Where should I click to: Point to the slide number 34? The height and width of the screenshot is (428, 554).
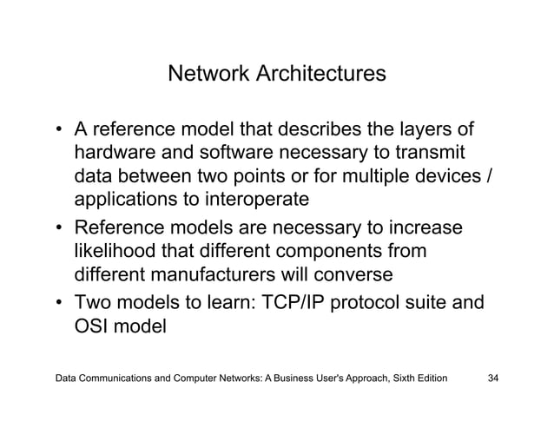[x=497, y=379]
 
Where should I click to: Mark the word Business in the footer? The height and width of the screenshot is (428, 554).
[x=271, y=379]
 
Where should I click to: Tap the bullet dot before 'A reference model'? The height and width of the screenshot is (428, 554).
[x=59, y=132]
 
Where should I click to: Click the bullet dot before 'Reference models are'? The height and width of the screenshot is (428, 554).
[x=59, y=229]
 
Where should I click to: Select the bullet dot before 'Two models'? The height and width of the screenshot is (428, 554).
[x=59, y=306]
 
